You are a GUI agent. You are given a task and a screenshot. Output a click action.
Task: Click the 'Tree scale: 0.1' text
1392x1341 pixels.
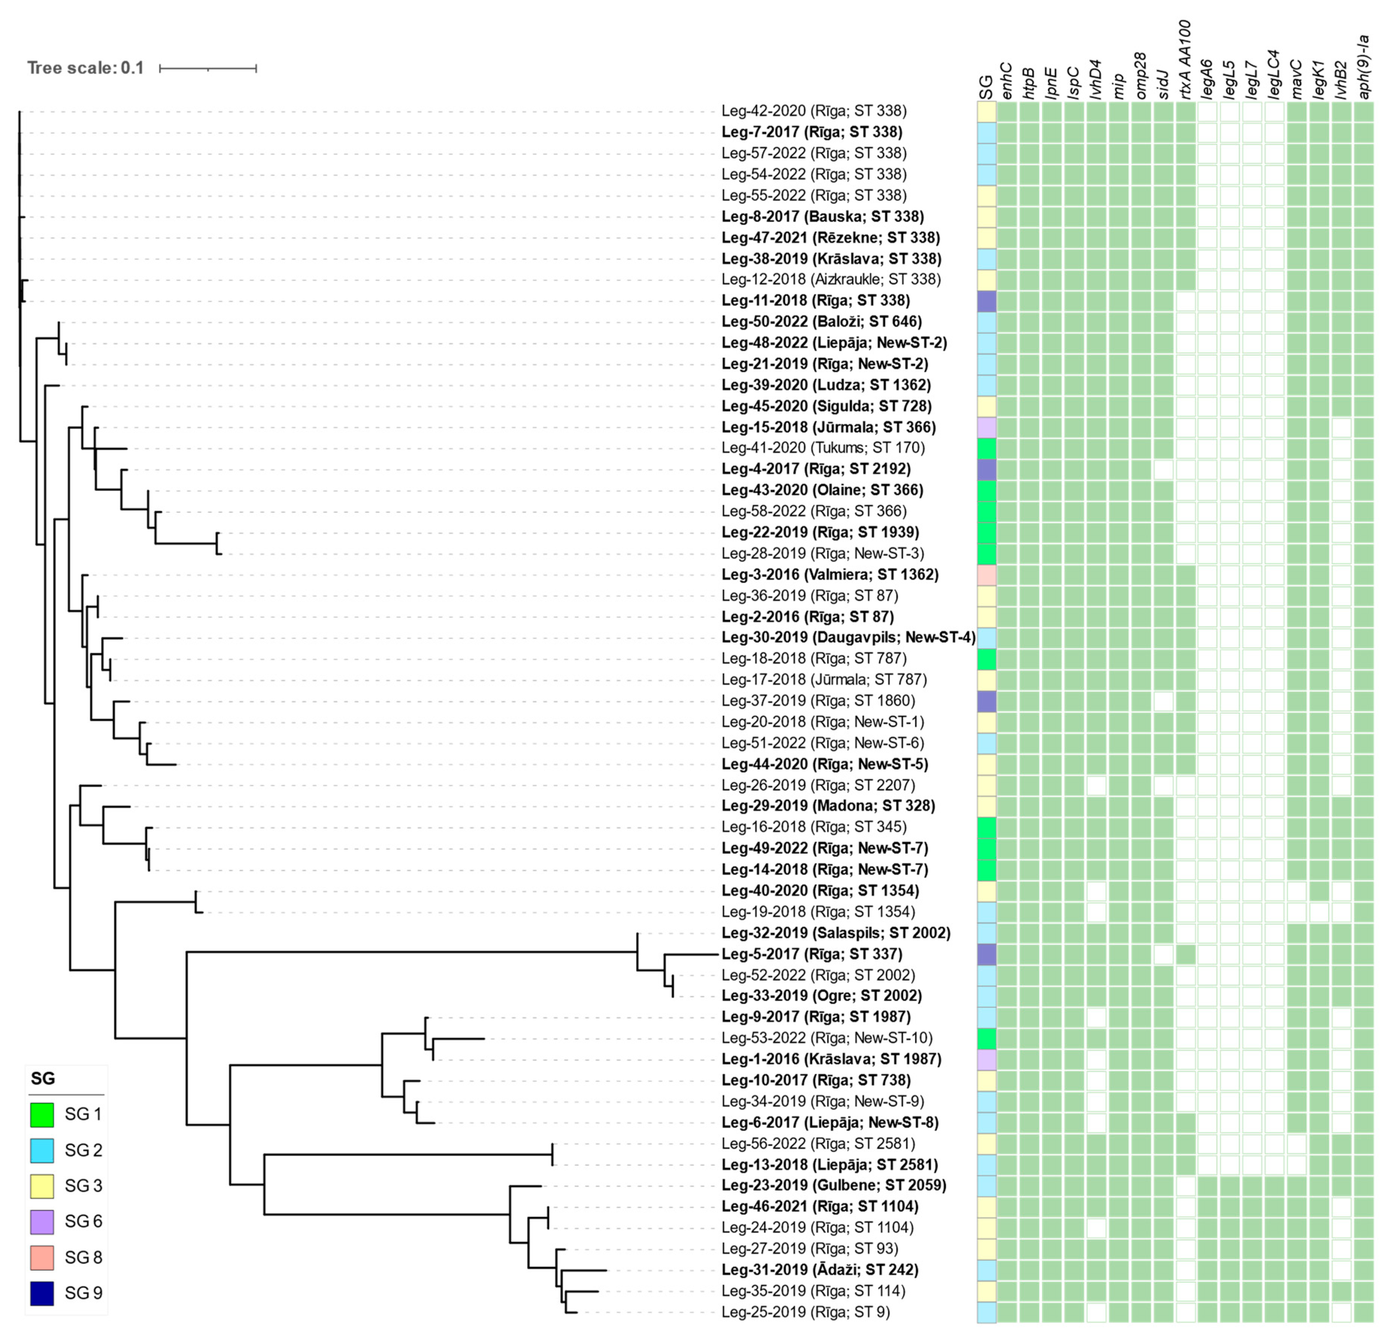click(85, 68)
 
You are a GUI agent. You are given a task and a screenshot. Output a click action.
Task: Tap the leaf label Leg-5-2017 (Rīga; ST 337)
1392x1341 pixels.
click(812, 954)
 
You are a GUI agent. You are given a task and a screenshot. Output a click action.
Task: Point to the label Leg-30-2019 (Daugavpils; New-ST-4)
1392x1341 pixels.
click(848, 637)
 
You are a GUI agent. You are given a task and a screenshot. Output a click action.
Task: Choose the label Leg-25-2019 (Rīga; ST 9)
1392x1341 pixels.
click(805, 1312)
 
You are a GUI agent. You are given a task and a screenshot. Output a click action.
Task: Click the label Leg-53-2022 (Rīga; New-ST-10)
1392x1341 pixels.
click(827, 1038)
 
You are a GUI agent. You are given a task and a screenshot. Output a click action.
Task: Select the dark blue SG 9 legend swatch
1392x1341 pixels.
click(42, 1293)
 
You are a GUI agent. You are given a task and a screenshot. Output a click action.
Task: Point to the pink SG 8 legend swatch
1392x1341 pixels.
click(42, 1257)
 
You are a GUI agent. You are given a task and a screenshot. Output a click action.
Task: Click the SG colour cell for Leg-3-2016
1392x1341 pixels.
click(986, 575)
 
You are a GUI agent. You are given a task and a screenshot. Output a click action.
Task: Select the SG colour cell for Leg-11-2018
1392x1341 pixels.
click(986, 301)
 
